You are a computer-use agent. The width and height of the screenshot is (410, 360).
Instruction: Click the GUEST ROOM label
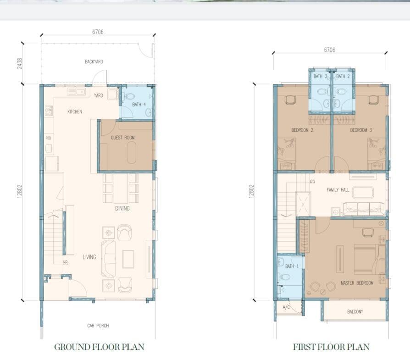(x=122, y=138)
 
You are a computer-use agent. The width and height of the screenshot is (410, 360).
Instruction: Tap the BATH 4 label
(x=139, y=105)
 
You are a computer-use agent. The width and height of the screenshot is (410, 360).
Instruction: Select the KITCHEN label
(x=75, y=111)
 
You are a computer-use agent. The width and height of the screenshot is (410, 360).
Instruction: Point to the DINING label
(x=122, y=208)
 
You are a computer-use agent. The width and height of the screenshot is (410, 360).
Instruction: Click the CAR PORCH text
(x=98, y=326)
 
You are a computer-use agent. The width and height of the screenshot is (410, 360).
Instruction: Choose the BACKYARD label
(x=94, y=62)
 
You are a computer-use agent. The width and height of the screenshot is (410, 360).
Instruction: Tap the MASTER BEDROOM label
(x=357, y=283)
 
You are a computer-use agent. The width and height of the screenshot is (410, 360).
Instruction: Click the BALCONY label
(x=355, y=312)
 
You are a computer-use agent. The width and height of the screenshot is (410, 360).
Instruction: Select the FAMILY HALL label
(x=338, y=190)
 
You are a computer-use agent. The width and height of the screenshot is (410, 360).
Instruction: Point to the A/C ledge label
(x=286, y=307)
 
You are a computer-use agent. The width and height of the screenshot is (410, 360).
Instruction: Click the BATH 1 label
(x=292, y=266)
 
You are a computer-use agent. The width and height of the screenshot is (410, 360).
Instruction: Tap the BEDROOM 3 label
(x=361, y=130)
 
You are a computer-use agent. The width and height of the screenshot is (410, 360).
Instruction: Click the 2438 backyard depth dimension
(x=20, y=64)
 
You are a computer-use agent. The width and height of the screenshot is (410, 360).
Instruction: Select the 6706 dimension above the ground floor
(x=98, y=32)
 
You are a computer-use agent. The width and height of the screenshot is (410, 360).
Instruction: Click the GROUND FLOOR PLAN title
(x=99, y=347)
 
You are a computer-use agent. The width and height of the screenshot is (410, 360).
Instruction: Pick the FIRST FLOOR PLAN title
(x=331, y=347)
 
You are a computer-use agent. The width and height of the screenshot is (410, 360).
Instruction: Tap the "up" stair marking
(x=66, y=261)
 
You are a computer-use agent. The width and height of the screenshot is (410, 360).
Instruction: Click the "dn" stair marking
(x=312, y=181)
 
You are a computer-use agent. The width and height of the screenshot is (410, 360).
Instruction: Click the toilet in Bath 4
(x=129, y=96)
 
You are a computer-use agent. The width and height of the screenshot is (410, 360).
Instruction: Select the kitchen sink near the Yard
(x=76, y=92)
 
